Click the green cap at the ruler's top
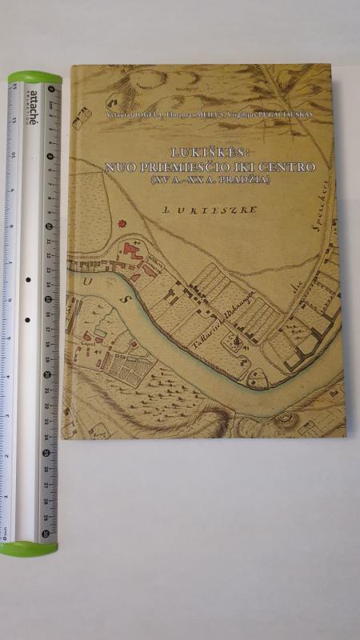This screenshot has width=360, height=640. coord(34,78)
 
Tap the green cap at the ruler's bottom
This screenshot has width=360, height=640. coord(29,549)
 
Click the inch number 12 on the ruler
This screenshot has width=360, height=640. coord(13,109)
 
